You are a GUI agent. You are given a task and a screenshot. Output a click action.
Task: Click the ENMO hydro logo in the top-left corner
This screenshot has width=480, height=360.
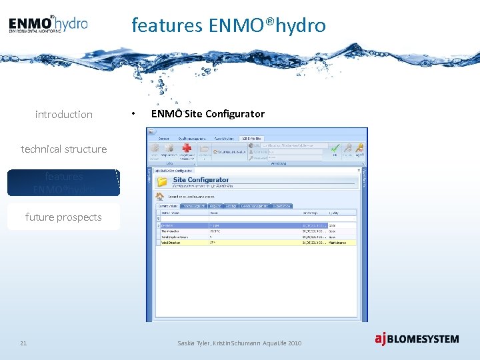click(48, 24)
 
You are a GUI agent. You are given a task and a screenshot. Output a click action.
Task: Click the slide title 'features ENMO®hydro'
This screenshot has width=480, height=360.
click(229, 25)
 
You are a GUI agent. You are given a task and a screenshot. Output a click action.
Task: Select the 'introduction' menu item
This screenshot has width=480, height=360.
click(64, 115)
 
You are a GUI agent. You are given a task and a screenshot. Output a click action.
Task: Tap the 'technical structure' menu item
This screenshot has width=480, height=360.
click(64, 149)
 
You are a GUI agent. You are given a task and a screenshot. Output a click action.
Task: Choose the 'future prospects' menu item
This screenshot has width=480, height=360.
click(64, 217)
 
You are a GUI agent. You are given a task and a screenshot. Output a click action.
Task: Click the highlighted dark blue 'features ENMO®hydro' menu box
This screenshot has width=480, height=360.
click(64, 183)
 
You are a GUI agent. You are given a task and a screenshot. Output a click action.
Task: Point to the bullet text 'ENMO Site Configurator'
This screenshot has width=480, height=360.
click(208, 114)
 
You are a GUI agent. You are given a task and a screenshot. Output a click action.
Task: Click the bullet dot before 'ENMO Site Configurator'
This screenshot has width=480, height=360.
click(135, 114)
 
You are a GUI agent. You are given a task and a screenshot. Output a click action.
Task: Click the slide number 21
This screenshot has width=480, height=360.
click(23, 343)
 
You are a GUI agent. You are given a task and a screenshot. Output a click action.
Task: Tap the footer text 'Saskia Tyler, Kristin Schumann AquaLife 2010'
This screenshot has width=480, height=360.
click(239, 343)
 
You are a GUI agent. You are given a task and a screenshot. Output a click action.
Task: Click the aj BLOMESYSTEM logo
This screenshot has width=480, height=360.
click(417, 339)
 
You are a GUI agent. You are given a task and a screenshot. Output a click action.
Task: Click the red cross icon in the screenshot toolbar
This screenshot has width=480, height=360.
click(187, 149)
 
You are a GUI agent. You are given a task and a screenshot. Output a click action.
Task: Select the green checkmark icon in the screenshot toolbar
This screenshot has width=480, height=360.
click(335, 147)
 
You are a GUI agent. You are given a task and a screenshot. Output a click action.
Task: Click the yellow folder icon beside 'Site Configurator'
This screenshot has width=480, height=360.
click(162, 182)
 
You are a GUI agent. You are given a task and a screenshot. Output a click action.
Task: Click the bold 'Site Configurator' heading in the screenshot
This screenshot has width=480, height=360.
click(201, 179)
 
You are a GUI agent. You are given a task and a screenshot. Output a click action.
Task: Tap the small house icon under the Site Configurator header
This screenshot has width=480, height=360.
click(160, 196)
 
